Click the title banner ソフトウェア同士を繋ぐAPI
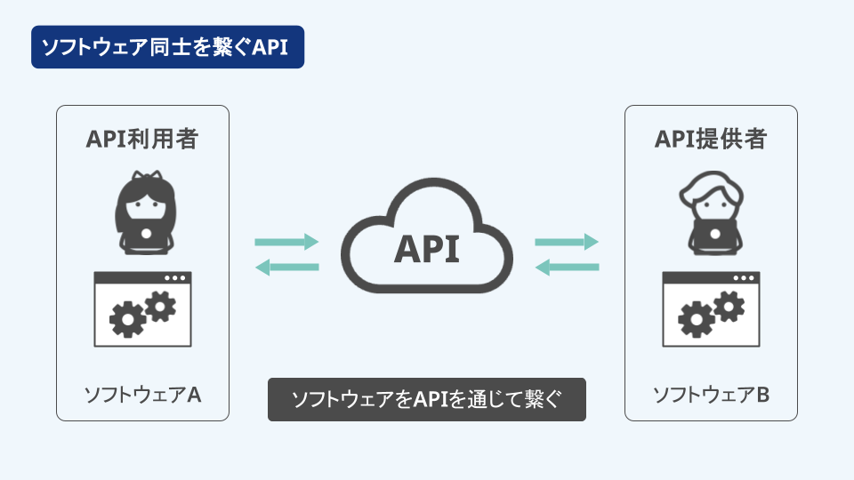point(168,47)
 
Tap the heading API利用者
point(142,139)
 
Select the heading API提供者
point(711,139)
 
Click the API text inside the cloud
point(427,249)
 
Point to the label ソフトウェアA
point(142,395)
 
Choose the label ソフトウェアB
point(712,395)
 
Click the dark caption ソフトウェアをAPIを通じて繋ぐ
point(427,399)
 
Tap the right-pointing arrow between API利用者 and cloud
point(286,242)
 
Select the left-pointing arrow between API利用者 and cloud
point(286,268)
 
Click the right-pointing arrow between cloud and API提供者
point(567,242)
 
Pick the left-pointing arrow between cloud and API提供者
point(567,268)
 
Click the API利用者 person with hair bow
point(145,212)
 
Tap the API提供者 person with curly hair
point(712,212)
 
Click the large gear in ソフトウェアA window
point(128,319)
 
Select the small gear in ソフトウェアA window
point(161,306)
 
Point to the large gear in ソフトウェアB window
point(697,319)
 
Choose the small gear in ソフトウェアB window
point(729,306)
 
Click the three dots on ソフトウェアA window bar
point(175,278)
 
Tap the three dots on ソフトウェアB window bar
point(744,278)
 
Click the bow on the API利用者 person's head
point(146,176)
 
